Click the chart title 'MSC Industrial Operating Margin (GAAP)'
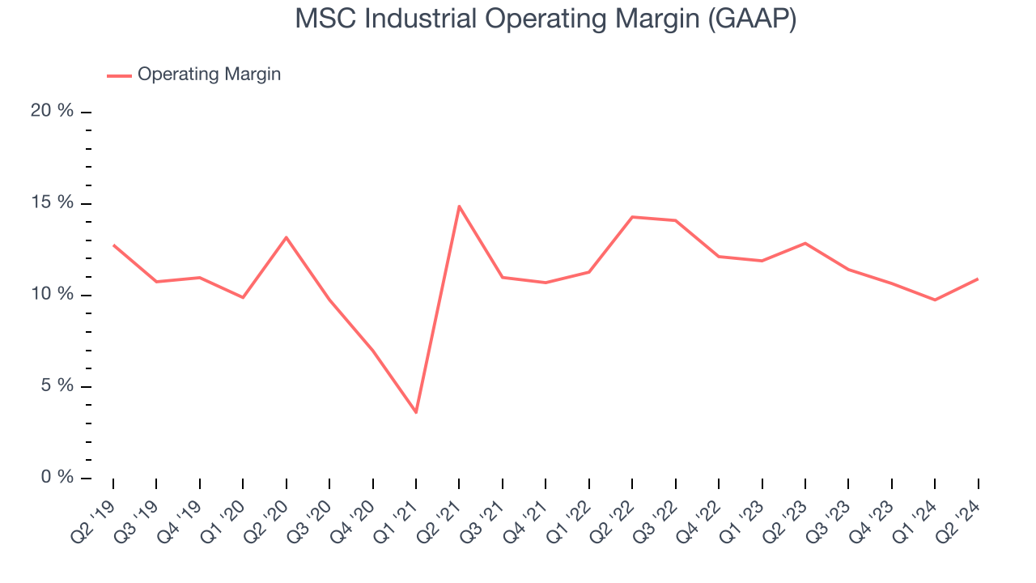[x=546, y=19]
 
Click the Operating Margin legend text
[x=209, y=74]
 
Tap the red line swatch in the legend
[x=119, y=75]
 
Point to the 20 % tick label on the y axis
[x=52, y=111]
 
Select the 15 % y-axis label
[x=52, y=202]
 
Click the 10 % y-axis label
[x=52, y=294]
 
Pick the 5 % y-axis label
[x=57, y=385]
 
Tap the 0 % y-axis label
[x=57, y=477]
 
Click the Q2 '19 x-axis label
[x=96, y=511]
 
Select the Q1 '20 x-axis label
[x=225, y=511]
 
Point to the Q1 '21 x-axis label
[x=398, y=511]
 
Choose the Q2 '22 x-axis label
[x=614, y=511]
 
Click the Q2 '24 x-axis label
[x=961, y=511]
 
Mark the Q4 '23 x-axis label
[x=874, y=511]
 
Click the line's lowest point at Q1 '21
[x=416, y=412]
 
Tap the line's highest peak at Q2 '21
[x=459, y=206]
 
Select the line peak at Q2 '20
[x=287, y=237]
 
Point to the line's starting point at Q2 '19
[x=113, y=245]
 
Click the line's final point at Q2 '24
[x=978, y=279]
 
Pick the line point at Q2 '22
[x=632, y=217]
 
